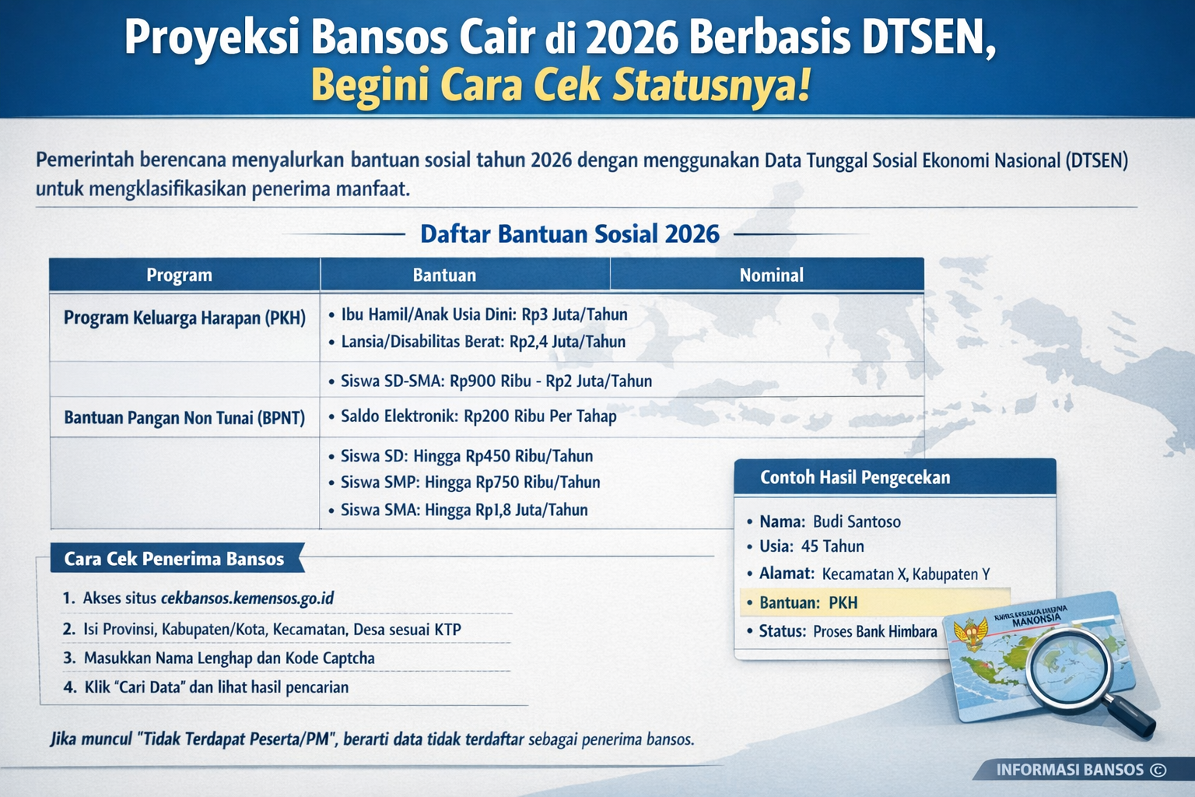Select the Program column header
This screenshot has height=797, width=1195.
click(179, 275)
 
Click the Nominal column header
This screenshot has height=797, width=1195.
click(771, 275)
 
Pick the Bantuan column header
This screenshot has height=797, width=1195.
click(444, 275)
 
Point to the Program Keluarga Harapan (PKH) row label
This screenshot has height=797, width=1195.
click(184, 318)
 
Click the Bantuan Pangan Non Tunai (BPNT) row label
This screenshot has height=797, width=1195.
click(184, 418)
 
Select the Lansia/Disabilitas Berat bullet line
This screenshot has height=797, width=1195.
click(483, 342)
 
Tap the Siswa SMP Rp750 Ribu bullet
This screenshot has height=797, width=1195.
click(470, 483)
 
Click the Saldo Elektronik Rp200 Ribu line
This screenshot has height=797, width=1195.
click(478, 416)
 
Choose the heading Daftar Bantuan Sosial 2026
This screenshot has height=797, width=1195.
click(569, 233)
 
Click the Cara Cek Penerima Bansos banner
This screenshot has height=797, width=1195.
click(174, 559)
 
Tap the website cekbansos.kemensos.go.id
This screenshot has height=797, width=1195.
click(247, 599)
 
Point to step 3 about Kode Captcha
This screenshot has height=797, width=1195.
click(229, 658)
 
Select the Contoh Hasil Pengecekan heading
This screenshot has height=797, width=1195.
click(855, 477)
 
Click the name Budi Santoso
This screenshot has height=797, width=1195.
click(857, 521)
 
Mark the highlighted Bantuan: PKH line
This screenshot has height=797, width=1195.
click(809, 602)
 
